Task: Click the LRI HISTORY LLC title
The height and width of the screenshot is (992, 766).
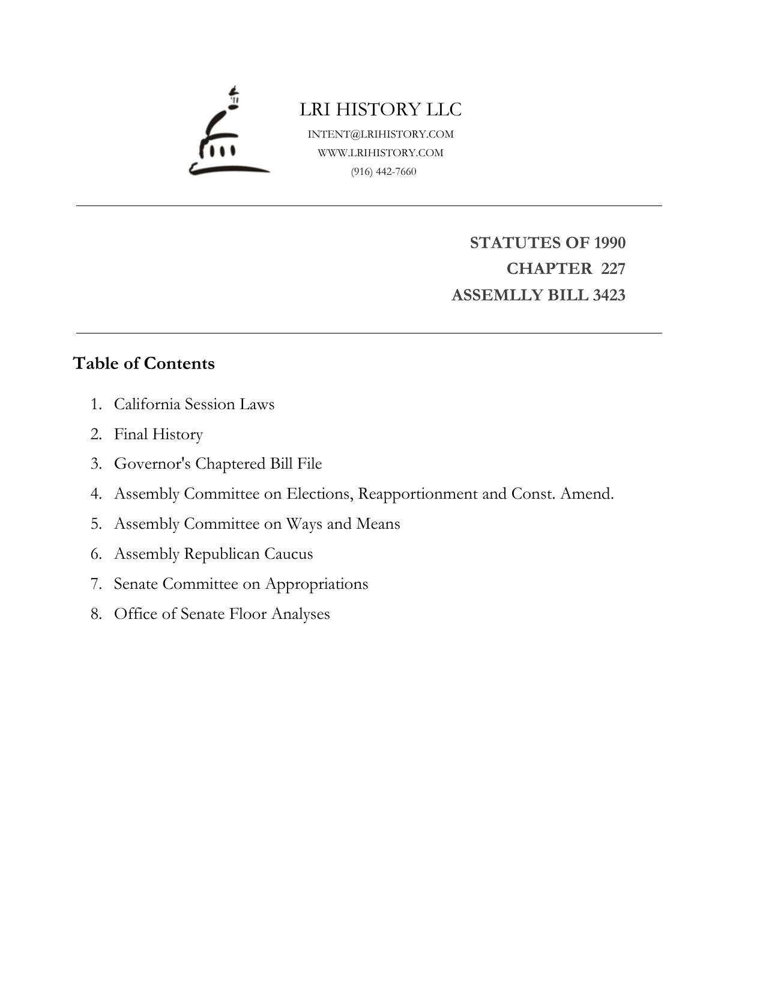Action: (x=381, y=109)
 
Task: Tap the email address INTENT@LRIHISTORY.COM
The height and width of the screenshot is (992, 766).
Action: (x=381, y=134)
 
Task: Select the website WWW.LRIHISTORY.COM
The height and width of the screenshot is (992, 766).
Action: (x=381, y=153)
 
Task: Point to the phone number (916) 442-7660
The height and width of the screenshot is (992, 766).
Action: (x=384, y=171)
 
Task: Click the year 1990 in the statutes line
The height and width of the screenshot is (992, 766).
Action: (x=609, y=243)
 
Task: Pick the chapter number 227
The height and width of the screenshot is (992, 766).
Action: (x=613, y=269)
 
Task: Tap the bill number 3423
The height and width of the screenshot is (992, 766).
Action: (x=609, y=295)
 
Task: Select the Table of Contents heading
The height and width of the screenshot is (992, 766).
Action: (x=144, y=364)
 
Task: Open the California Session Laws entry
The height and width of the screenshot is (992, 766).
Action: (x=194, y=404)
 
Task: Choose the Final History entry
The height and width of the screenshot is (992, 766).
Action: (x=158, y=434)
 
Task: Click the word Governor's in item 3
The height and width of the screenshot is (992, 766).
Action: (x=152, y=464)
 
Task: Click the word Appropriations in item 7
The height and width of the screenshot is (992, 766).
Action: (x=316, y=583)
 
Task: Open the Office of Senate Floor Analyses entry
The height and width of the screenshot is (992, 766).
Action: (x=222, y=613)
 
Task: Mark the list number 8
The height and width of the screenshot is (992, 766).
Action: (x=96, y=613)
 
